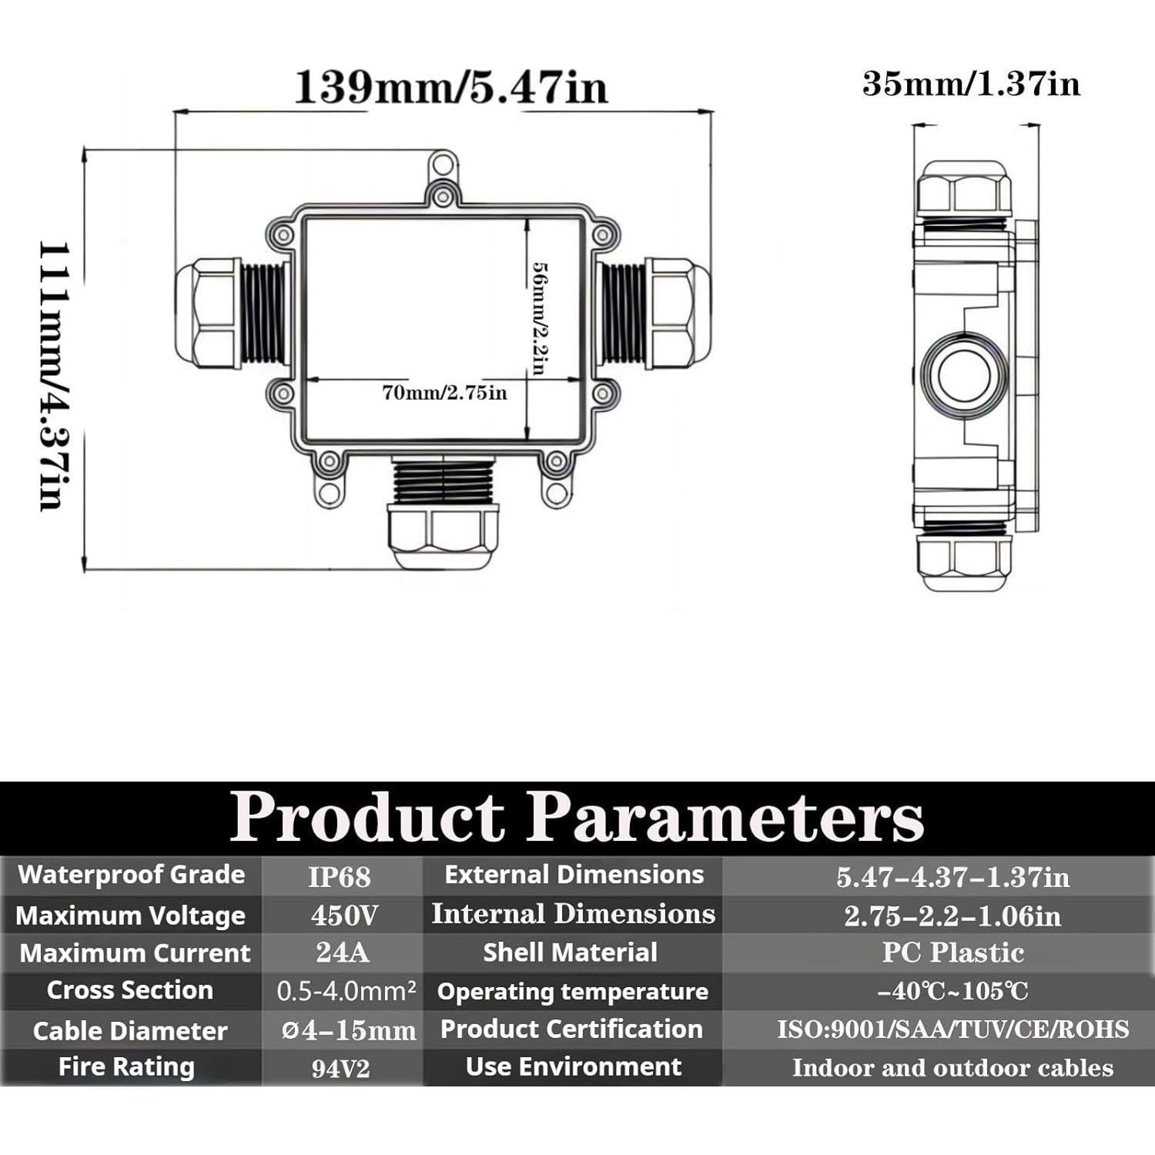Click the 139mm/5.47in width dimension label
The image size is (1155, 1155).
[450, 87]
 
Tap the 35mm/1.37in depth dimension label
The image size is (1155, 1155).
[971, 84]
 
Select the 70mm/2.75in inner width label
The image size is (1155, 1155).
[444, 393]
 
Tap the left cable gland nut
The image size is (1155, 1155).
[206, 313]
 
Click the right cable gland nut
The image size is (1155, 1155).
[676, 313]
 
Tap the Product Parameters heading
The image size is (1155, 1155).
[577, 816]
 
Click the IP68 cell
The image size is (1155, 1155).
[340, 877]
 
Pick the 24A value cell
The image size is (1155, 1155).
[343, 952]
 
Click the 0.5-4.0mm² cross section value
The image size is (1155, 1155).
[346, 991]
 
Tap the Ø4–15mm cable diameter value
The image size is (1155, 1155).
[348, 1030]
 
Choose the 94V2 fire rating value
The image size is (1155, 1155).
[340, 1069]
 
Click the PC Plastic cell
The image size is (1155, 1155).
[952, 952]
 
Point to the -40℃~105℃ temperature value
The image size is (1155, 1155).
[952, 991]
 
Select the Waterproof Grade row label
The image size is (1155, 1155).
[131, 875]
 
